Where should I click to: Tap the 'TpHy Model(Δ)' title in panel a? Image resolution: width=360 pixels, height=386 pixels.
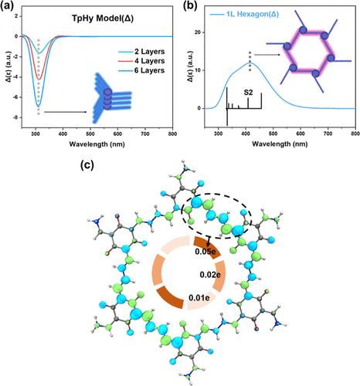(x=103, y=19)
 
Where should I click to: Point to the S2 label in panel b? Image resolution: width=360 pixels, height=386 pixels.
(x=248, y=93)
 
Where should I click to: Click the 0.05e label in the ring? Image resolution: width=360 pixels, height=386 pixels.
(x=205, y=252)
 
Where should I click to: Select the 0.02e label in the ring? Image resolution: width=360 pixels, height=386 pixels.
(x=210, y=275)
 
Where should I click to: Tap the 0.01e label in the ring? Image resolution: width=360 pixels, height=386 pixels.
(x=199, y=298)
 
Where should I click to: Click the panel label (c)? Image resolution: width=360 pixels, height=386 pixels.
(x=87, y=165)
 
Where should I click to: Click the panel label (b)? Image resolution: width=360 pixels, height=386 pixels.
(x=190, y=5)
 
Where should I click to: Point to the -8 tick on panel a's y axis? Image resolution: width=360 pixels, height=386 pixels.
(x=16, y=117)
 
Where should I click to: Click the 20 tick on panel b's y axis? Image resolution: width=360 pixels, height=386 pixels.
(x=197, y=32)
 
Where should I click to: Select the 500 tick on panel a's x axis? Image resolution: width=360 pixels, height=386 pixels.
(x=90, y=134)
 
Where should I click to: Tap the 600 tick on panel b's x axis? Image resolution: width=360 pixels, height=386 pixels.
(x=301, y=134)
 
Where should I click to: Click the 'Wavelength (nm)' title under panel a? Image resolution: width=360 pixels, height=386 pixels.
(x=97, y=144)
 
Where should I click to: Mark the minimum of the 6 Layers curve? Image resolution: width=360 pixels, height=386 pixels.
(x=39, y=107)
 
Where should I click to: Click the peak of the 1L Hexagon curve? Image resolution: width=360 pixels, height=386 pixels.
(x=250, y=63)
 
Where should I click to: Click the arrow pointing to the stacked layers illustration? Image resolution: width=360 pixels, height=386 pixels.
(x=66, y=112)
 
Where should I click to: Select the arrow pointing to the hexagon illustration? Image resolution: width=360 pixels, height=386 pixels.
(x=267, y=55)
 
